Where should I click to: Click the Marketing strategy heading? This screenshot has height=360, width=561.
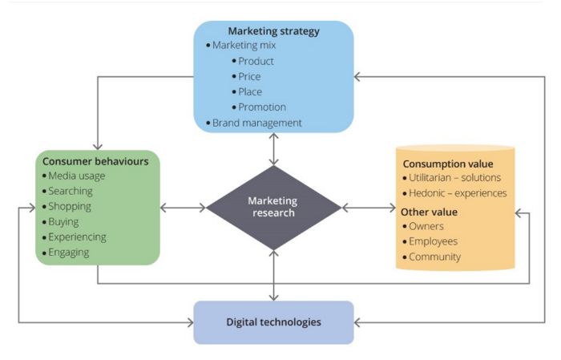[x=274, y=31]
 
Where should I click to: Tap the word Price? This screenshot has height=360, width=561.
[x=249, y=77]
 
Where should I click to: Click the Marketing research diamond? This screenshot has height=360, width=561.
[x=274, y=208]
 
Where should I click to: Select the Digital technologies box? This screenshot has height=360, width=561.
[x=274, y=322]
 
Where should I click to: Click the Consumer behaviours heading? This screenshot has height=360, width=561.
[x=95, y=161]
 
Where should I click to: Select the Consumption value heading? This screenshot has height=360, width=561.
[x=448, y=164]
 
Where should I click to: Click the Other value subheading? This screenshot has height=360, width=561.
[x=429, y=212]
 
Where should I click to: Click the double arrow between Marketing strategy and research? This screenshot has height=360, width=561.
[x=274, y=149]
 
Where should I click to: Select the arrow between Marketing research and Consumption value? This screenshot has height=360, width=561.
[x=369, y=208]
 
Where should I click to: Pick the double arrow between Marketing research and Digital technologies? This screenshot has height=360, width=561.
[x=274, y=276]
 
